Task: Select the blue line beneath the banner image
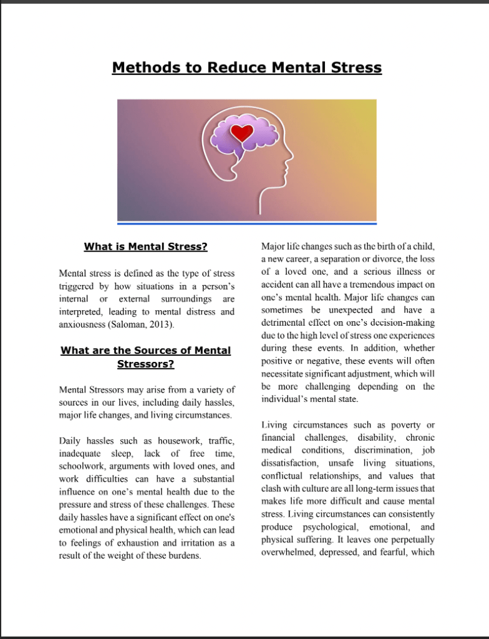247,223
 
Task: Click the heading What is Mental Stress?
145,246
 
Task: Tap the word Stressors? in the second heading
145,364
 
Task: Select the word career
298,259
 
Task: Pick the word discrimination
383,450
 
